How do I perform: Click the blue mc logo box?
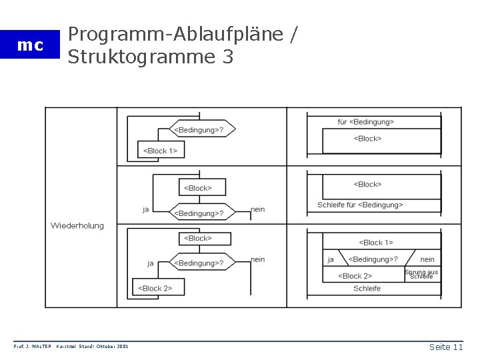pyautogui.click(x=30, y=45)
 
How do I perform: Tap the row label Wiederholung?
pyautogui.click(x=77, y=225)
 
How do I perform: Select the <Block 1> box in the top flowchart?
pyautogui.click(x=160, y=151)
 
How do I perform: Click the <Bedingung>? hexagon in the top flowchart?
pyautogui.click(x=199, y=129)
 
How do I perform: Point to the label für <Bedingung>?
pyautogui.click(x=366, y=121)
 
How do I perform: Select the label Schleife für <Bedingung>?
pyautogui.click(x=360, y=205)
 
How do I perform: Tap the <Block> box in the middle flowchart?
pyautogui.click(x=197, y=188)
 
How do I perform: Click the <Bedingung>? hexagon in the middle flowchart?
pyautogui.click(x=199, y=213)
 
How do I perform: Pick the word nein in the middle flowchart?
pyautogui.click(x=257, y=209)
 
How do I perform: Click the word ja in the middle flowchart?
pyautogui.click(x=145, y=209)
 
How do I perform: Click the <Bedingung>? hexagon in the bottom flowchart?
pyautogui.click(x=199, y=263)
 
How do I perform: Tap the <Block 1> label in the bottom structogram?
pyautogui.click(x=376, y=243)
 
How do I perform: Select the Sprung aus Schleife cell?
pyautogui.click(x=421, y=274)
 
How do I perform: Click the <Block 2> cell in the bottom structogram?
pyautogui.click(x=355, y=275)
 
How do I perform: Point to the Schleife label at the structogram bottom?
pyautogui.click(x=367, y=288)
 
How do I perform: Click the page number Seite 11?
pyautogui.click(x=446, y=347)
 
